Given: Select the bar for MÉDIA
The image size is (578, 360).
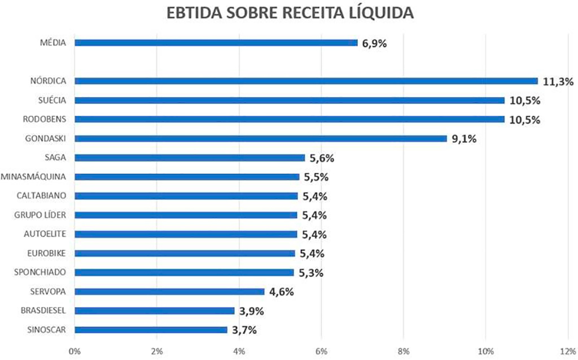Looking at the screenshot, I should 216,43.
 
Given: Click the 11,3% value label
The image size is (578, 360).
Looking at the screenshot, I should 558,82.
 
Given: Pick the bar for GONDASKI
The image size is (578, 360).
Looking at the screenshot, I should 260,138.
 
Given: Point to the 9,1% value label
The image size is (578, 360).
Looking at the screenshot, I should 464,139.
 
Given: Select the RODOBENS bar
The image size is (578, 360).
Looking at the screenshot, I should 289,120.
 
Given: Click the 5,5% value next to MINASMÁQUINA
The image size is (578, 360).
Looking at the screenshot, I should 316,177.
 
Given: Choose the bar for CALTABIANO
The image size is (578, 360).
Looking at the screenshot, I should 186,196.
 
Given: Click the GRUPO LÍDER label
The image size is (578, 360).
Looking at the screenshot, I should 40,215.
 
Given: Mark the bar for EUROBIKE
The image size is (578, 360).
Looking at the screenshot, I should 185,253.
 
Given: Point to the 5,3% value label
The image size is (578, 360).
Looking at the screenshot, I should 311,273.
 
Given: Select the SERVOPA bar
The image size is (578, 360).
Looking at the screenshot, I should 169,292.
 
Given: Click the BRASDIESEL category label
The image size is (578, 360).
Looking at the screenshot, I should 43,310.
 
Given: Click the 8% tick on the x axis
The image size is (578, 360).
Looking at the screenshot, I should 404,351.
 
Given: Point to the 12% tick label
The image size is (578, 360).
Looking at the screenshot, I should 567,351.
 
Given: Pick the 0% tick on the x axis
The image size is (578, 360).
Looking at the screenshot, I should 75,351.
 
